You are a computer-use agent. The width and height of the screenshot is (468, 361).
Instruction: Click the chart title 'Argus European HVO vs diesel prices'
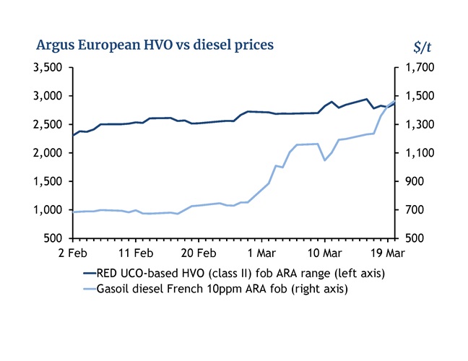[x=155, y=45]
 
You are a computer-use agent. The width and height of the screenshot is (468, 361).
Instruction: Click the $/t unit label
[x=422, y=47]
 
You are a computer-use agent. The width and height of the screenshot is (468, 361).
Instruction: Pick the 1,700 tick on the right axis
[x=417, y=68]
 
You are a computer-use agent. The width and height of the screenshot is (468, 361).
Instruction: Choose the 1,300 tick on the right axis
[x=417, y=125]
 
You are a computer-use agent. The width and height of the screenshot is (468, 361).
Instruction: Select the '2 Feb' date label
[x=72, y=253]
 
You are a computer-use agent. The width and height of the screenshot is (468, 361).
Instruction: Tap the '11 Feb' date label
[x=136, y=253]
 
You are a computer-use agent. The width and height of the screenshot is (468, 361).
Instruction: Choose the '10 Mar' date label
[x=325, y=253]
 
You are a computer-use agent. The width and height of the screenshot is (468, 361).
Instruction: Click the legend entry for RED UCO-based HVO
[x=232, y=274]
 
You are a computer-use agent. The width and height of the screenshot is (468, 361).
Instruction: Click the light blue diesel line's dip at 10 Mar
[x=325, y=160]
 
